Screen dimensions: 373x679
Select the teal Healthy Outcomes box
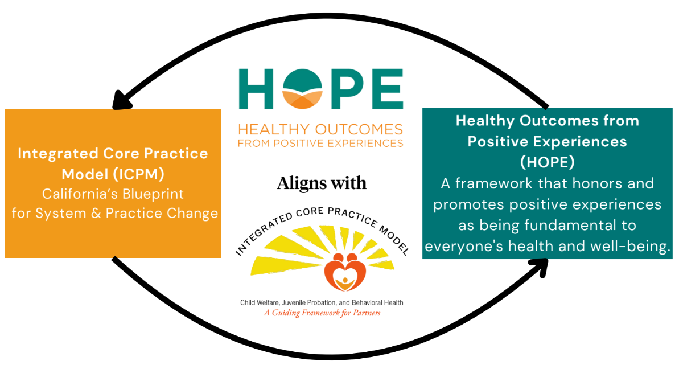click(547, 182)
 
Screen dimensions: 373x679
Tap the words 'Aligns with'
click(322, 183)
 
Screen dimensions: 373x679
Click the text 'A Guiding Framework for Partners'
click(322, 313)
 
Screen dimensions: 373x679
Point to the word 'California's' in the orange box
click(79, 194)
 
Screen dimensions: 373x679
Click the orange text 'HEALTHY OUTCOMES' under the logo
click(320, 129)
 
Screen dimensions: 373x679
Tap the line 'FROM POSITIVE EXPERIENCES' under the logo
click(320, 142)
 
